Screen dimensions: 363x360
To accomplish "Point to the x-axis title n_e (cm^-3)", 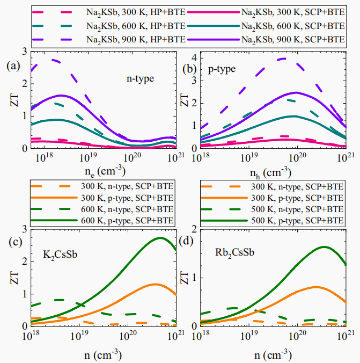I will (99, 172).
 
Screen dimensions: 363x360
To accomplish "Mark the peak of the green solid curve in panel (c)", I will (160, 238).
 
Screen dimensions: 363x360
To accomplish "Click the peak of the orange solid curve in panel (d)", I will (317, 287).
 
